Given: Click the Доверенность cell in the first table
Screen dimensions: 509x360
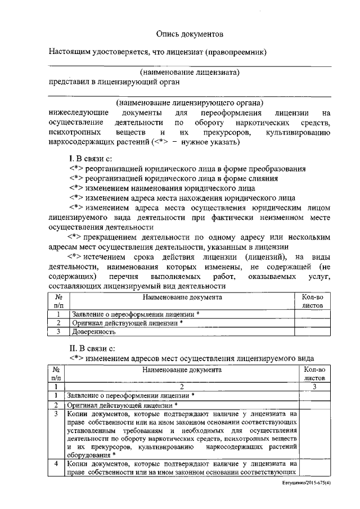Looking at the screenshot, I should pyautogui.click(x=89, y=332).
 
